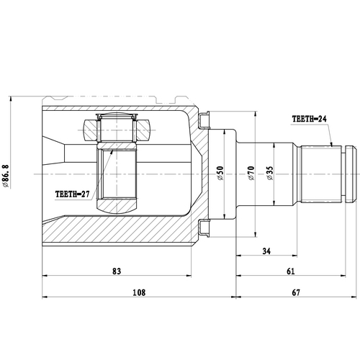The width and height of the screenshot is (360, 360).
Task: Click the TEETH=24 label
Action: point(310,119)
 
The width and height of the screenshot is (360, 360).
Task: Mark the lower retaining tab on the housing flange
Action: point(203,230)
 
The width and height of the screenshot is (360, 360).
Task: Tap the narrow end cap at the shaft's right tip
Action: point(351,174)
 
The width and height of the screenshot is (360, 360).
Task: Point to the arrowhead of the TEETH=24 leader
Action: point(332,145)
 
